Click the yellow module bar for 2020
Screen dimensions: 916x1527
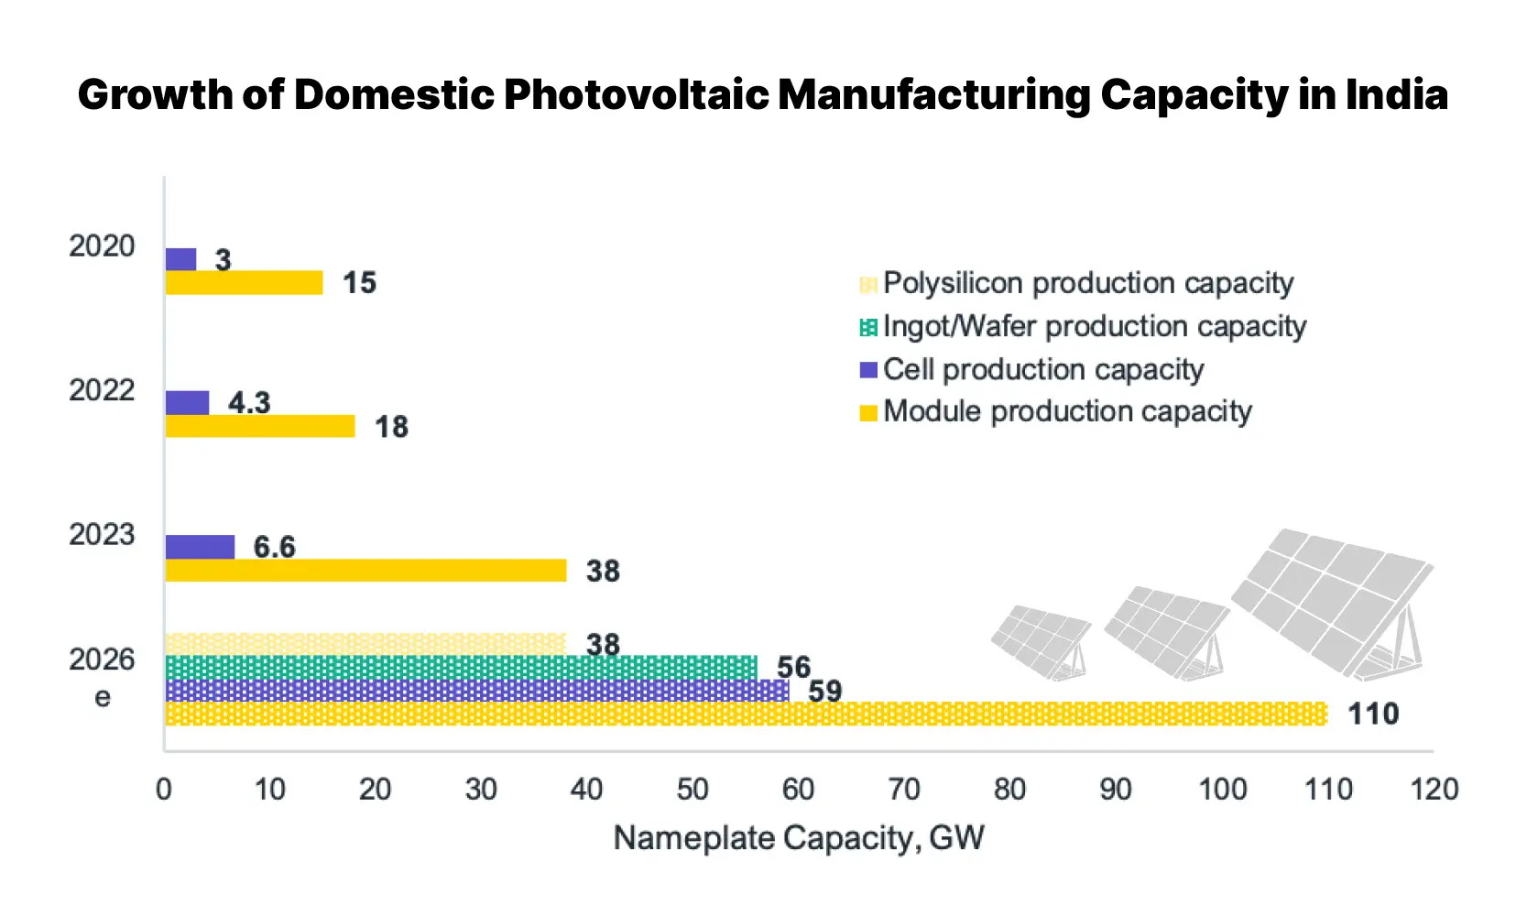click(244, 283)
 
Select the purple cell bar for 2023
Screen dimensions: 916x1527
click(200, 547)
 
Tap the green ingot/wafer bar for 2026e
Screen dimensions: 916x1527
click(461, 667)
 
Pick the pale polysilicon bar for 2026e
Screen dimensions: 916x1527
click(365, 643)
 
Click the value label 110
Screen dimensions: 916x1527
click(1373, 714)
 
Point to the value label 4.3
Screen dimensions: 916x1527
click(249, 402)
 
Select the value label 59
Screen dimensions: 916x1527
click(824, 691)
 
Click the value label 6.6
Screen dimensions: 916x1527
click(274, 547)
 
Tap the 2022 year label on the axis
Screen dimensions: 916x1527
click(102, 390)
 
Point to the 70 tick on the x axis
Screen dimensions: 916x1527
click(904, 789)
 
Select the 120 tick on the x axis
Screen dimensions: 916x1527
click(1434, 789)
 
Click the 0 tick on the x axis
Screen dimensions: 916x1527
click(164, 789)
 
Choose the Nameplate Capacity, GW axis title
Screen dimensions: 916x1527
click(798, 837)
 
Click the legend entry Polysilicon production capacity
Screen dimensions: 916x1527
click(1087, 283)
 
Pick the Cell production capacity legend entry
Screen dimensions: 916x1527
click(1042, 369)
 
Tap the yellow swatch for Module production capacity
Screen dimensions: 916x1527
click(868, 413)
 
